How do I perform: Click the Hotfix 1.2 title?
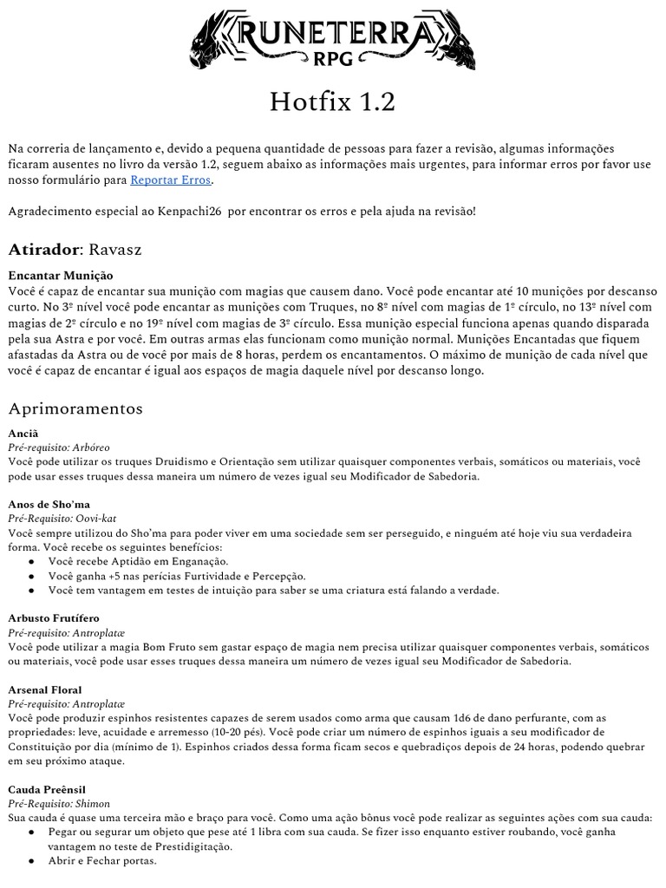pos(333,103)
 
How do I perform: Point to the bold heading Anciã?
pos(23,432)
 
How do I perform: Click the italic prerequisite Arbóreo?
pos(89,447)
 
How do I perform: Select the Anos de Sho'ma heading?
pos(49,504)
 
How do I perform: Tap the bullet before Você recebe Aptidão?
pos(32,562)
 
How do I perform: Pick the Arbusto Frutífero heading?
pos(54,618)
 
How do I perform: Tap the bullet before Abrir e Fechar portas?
pos(32,861)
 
